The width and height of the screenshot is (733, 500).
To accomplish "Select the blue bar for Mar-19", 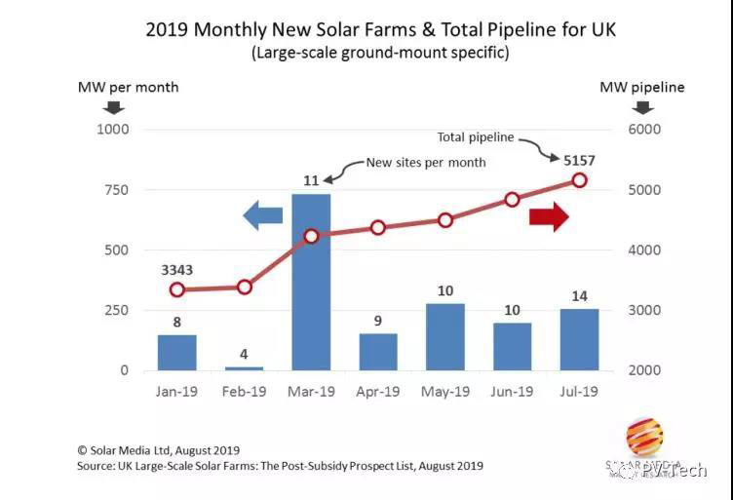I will tap(311, 283).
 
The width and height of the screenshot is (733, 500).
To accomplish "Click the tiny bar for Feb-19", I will tap(244, 367).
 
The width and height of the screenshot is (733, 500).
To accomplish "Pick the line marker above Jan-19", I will tap(177, 289).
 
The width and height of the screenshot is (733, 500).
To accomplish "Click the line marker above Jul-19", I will tap(579, 179).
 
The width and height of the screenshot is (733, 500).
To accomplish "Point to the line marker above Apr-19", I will tap(378, 227).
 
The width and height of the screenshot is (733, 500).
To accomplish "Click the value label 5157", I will tap(579, 158).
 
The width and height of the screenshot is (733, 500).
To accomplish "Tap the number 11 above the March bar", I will tap(311, 179).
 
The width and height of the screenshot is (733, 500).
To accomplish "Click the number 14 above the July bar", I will tap(579, 293).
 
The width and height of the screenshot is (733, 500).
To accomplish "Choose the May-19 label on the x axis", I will tap(445, 391).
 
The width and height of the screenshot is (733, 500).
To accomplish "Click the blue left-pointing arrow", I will tap(262, 215).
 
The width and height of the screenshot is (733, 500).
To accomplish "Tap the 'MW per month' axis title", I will tap(128, 87).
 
